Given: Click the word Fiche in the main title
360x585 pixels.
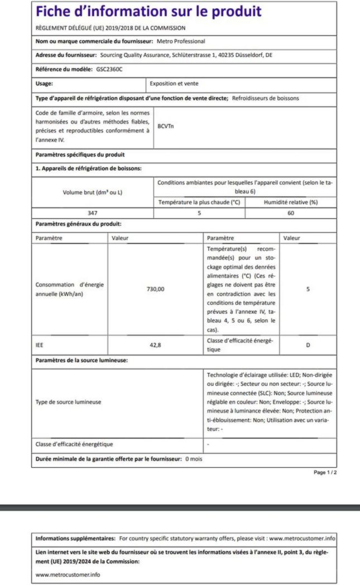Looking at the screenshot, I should tap(55, 12).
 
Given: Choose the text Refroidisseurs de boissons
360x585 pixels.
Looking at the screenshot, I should tap(265, 98).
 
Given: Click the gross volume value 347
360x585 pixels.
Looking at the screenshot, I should tap(93, 212).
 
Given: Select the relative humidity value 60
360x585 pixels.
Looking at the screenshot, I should tap(291, 212).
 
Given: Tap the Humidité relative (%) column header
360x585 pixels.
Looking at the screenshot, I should tap(291, 202).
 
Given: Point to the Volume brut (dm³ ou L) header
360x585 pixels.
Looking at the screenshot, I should tap(93, 193).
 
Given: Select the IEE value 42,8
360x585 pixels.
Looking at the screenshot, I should tap(155, 345).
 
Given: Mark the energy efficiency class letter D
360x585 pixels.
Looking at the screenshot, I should tap(308, 345).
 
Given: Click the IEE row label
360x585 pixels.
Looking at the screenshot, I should tap(39, 345).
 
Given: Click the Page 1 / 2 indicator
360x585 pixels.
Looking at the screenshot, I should tap(325, 472).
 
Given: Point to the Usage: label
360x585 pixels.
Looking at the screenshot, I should tap(44, 84).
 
